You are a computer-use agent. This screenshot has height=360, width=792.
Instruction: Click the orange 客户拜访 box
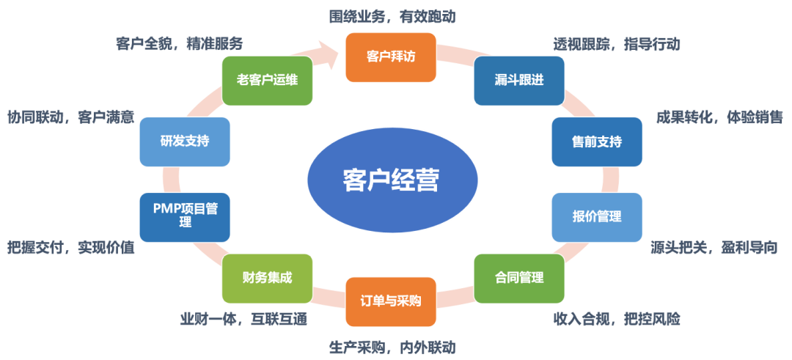391,56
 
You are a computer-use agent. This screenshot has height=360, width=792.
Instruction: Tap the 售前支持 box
597,141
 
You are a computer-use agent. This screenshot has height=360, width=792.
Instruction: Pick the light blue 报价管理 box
597,217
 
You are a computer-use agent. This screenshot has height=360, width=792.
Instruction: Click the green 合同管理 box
519,278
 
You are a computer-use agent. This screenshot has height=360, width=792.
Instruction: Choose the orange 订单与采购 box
391,301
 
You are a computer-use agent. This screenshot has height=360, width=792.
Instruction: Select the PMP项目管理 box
186,216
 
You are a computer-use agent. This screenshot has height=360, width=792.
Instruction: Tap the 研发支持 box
185,141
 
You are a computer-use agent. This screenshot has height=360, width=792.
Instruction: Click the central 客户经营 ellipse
391,180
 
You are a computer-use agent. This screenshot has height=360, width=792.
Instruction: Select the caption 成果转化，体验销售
719,117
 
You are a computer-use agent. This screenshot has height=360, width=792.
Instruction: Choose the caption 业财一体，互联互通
243,319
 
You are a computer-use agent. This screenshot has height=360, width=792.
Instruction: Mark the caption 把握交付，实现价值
70,248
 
